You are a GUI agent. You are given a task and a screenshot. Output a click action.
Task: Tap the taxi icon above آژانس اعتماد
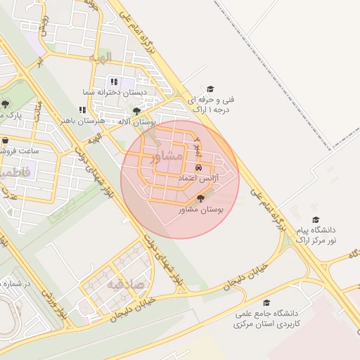coord(199,169)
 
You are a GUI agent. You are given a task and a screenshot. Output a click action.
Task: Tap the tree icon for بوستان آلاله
coord(136,111)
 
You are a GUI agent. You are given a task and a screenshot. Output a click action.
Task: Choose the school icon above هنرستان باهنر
coord(82,110)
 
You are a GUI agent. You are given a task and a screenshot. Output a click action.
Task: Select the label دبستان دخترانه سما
coord(141,91)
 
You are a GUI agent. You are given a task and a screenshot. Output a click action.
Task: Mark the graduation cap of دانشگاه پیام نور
coord(315,219)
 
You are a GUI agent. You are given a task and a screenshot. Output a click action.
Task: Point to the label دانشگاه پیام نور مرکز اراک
coord(315,235)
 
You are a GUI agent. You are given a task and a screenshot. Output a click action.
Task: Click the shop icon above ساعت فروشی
coord(6,140)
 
